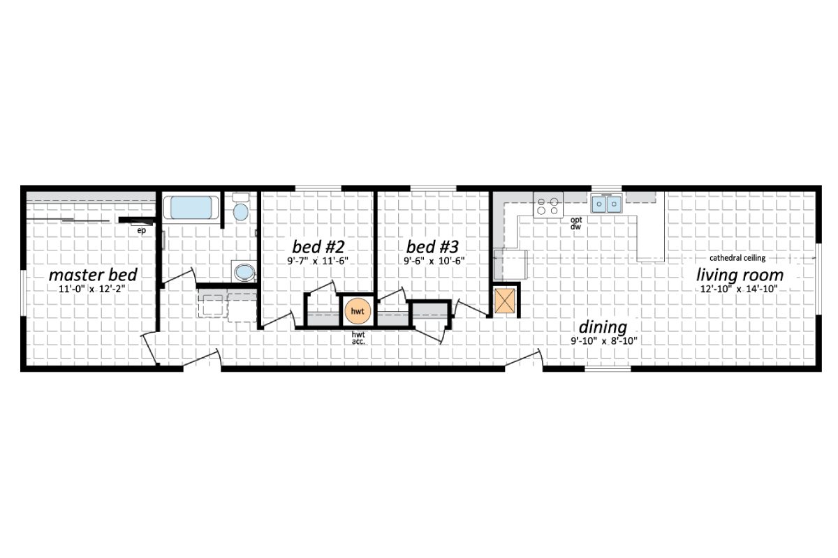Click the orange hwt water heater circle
(358, 310)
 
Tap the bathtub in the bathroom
(191, 208)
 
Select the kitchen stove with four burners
(548, 205)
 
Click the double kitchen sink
(607, 204)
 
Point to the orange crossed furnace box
(506, 301)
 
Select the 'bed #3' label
(433, 247)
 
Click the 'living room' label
(740, 275)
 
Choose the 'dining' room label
(603, 327)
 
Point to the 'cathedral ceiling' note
(737, 257)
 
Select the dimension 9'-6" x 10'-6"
(434, 261)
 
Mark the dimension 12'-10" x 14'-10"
(738, 289)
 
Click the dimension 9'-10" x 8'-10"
(603, 341)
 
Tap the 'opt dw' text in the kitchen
(576, 223)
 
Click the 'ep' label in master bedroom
(141, 229)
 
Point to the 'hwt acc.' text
(359, 338)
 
